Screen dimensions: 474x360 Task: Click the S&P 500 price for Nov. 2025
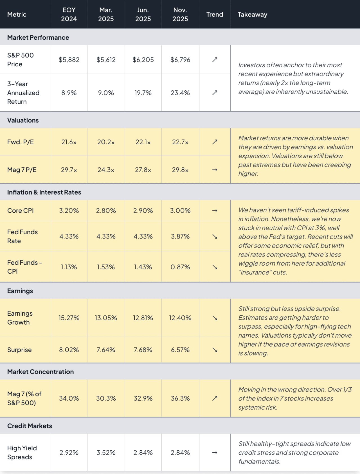coord(180,60)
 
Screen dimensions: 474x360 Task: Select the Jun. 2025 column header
coord(143,14)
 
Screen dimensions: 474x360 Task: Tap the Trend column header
coord(215,14)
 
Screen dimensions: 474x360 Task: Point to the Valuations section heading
coord(23,120)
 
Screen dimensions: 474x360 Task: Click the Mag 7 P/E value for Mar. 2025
coord(106,170)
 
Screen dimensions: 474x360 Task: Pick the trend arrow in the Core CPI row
coord(215,211)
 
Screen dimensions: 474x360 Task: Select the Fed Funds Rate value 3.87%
coord(180,237)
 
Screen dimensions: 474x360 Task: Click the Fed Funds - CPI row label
coord(24,267)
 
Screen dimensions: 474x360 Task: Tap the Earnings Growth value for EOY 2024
coord(69,318)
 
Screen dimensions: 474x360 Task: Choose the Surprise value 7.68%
coord(143,350)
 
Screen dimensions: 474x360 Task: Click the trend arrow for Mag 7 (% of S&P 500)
coord(215,398)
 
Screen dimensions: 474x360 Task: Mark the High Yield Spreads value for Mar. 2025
coord(106,453)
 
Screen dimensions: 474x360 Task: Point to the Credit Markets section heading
coord(30,426)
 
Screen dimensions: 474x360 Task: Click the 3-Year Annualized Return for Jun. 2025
coord(143,93)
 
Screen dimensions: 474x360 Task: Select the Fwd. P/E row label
coord(21,142)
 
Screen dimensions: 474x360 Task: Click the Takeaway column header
coord(252,14)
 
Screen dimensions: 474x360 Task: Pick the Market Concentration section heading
coord(40,372)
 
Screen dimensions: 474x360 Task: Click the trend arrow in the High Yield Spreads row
coord(215,453)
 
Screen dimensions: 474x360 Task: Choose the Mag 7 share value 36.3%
coord(180,398)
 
